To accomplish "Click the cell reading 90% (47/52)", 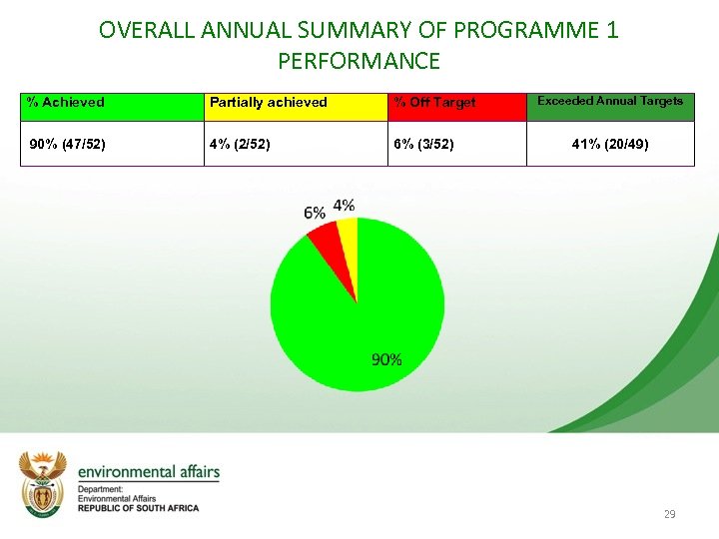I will click(112, 144).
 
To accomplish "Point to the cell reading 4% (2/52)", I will click(296, 144).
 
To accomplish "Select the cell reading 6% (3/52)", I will click(456, 144).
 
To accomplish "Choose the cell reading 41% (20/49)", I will click(610, 144).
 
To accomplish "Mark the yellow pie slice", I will click(348, 235).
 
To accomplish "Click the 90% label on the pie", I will click(386, 359).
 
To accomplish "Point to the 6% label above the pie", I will click(315, 213).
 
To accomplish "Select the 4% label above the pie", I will click(344, 205).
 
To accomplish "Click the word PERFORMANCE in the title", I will click(359, 61).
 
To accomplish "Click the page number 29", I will click(669, 514).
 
